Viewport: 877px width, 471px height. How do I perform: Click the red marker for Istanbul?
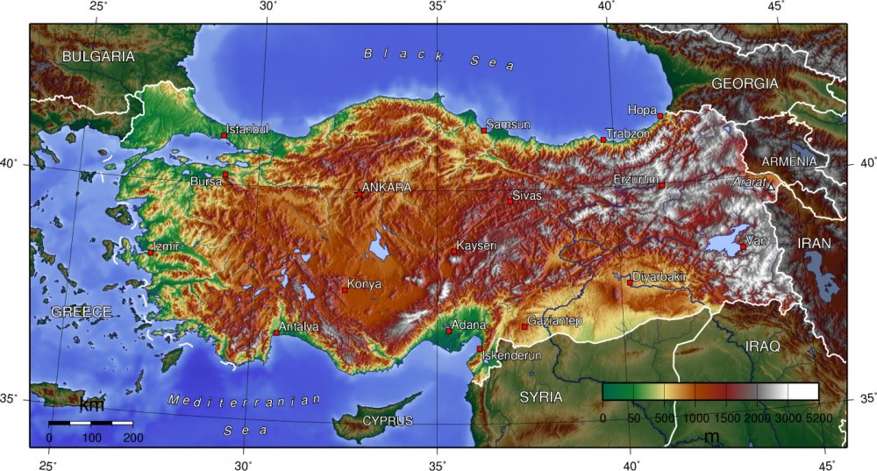point(225,136)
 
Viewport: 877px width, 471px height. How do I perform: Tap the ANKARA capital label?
point(386,188)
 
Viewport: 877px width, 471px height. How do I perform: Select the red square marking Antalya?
point(276,332)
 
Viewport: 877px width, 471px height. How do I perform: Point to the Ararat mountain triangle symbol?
point(771,187)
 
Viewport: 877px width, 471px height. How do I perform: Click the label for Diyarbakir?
point(660,276)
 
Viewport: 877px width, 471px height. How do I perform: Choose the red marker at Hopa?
point(660,114)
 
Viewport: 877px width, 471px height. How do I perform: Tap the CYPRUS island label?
point(387,421)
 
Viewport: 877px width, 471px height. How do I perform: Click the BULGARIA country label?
point(98,56)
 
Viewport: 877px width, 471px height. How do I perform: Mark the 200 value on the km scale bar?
point(133,437)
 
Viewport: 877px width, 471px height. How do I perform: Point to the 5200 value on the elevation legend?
point(818,418)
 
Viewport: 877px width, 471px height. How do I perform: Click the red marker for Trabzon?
point(603,139)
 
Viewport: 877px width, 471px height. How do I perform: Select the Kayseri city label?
point(477,246)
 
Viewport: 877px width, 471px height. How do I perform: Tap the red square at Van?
point(743,246)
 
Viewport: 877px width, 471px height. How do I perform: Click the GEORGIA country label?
point(745,83)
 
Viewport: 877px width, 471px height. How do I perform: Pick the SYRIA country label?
point(540,397)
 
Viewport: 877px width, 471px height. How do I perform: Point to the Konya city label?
point(364,283)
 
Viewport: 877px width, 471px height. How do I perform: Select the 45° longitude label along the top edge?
point(775,6)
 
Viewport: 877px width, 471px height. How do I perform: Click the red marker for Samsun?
point(483,130)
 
